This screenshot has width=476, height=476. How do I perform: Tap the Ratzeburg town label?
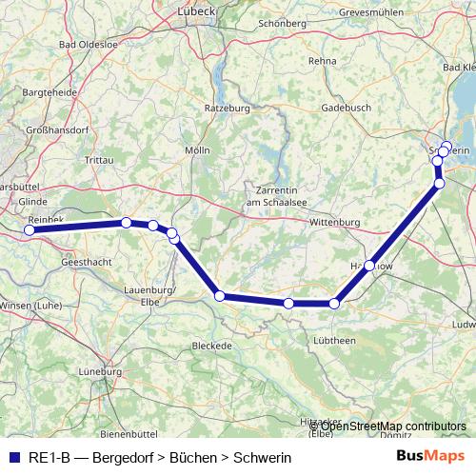(227, 109)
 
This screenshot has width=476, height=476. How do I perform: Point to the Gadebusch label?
(345, 109)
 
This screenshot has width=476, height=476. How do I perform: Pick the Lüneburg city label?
(103, 371)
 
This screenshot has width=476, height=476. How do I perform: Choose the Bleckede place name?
(211, 345)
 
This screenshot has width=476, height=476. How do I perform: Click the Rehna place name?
(323, 59)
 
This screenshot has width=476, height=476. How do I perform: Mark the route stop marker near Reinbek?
(30, 229)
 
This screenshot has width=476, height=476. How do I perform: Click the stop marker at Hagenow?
(369, 266)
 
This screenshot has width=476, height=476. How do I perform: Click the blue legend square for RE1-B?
(13, 457)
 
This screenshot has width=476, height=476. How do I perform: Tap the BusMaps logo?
(431, 457)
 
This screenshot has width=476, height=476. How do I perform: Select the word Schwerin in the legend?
(264, 457)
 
